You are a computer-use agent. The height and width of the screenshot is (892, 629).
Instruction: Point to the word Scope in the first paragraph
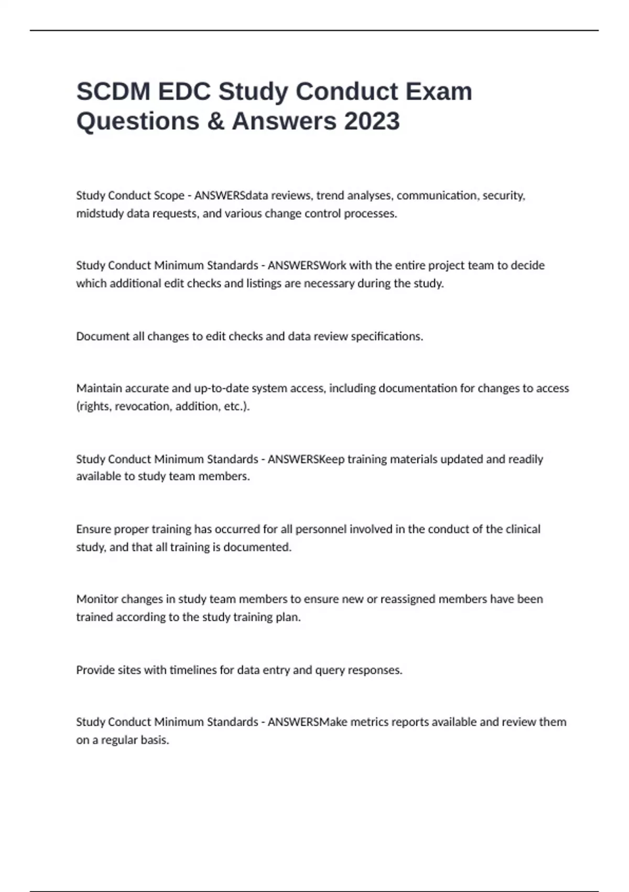[x=168, y=196]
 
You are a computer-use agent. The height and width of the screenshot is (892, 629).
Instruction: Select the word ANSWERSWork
[x=307, y=266]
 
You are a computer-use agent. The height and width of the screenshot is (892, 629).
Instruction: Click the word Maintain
[x=96, y=388]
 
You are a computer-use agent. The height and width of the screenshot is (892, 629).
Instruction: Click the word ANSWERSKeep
[x=306, y=459]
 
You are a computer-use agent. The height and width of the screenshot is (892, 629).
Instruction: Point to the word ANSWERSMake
[x=308, y=722]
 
